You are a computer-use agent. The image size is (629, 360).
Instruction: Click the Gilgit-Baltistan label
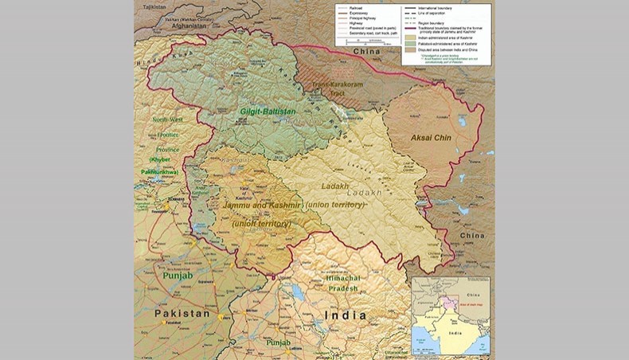coord(268,112)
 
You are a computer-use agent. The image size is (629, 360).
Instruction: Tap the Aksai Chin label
coord(432,138)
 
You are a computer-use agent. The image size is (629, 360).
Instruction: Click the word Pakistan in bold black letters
coord(182,314)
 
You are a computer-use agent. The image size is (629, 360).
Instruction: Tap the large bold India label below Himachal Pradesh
coord(345,315)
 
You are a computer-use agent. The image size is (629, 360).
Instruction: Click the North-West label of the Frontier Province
coord(166,119)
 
